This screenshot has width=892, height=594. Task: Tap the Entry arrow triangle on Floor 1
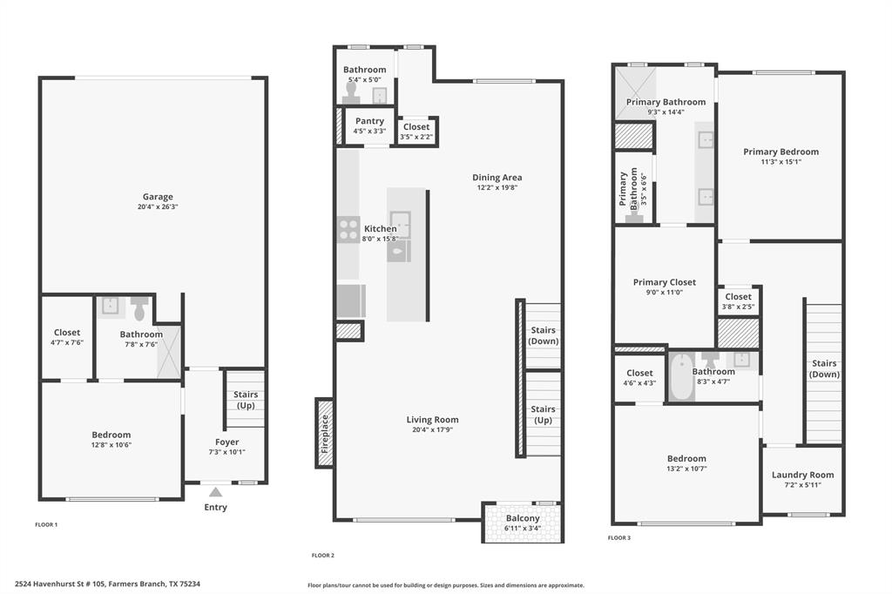coord(215,492)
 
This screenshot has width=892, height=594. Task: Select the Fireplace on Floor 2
coord(324,433)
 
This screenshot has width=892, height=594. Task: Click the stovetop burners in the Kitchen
coord(348,228)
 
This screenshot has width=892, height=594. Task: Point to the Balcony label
coord(523,519)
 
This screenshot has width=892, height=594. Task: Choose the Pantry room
coord(369,126)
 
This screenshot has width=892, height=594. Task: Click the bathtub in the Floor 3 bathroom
coord(682,376)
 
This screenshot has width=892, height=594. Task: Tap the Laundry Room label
coord(802,475)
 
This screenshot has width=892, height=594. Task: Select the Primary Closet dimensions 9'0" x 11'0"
coord(664,293)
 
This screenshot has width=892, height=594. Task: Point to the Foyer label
coord(227,442)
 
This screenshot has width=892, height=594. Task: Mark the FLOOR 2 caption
coord(323,555)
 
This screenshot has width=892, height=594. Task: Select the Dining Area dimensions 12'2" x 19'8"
coord(497,187)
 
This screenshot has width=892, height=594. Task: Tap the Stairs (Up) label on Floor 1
coord(246,400)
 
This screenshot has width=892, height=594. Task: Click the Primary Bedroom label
coord(780,152)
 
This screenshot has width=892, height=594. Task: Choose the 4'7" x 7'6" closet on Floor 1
coord(67,337)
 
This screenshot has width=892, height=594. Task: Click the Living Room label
coord(432,420)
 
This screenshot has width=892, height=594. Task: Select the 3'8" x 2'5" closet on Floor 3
coord(738,301)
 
